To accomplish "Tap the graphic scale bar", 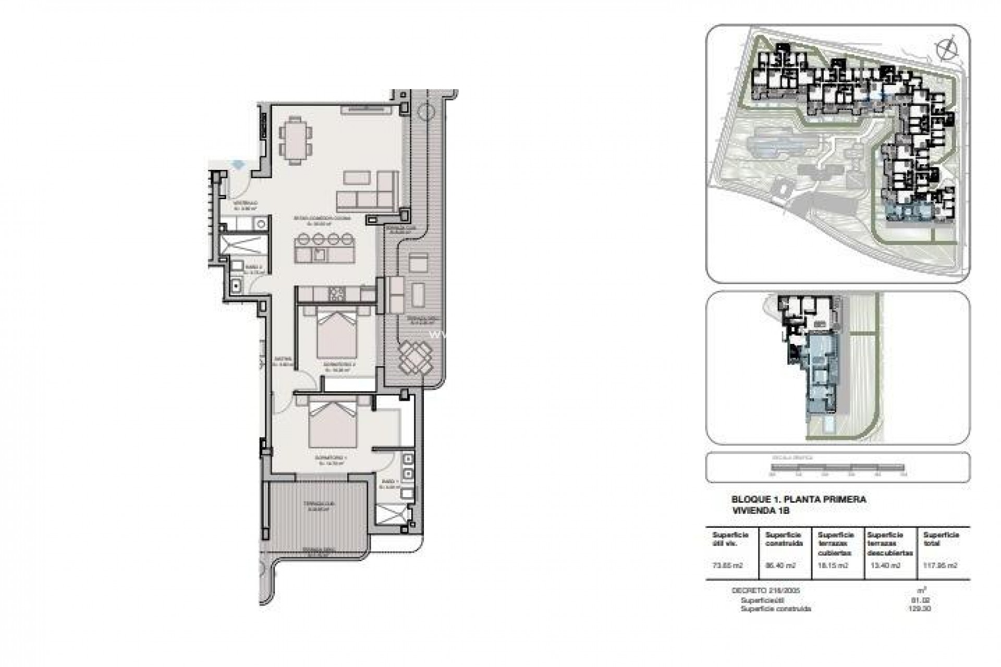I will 838,467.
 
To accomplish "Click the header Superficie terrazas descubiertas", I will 889,544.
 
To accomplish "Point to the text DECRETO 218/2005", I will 765,590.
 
